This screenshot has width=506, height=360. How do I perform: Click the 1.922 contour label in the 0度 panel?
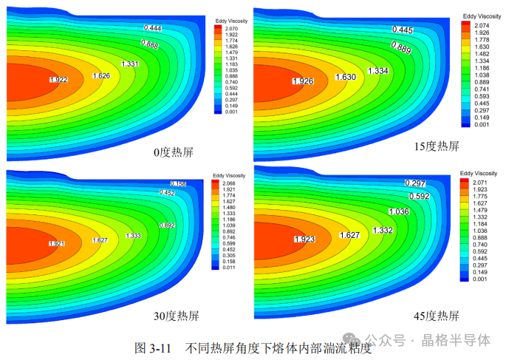60,79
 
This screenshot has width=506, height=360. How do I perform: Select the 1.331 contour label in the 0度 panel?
129,64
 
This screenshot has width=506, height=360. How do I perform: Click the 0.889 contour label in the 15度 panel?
401,48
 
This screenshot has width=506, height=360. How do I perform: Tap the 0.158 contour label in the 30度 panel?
179,183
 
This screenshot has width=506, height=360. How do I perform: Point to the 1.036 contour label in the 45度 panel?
398,212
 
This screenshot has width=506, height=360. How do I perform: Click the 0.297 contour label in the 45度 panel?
417,183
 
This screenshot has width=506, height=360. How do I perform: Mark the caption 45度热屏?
434,316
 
